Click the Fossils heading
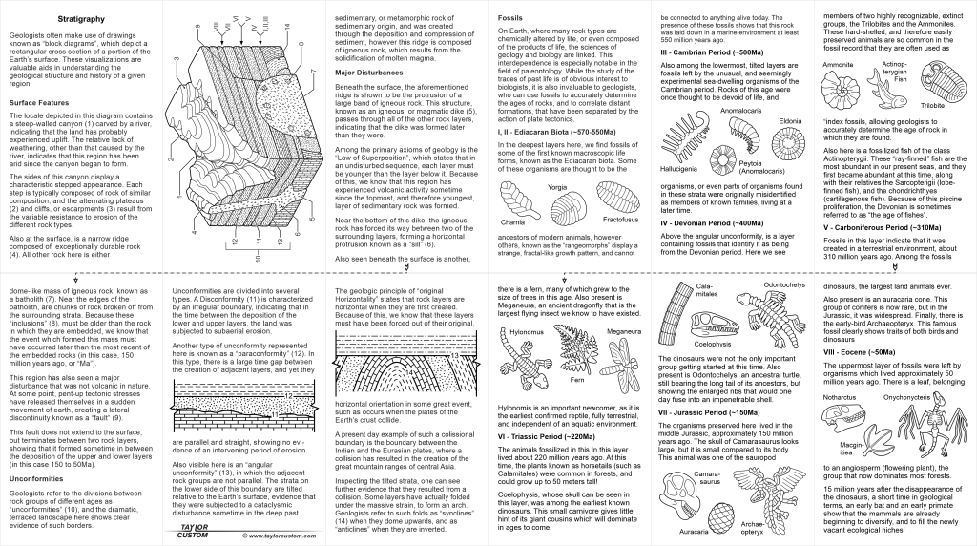[515, 18]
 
